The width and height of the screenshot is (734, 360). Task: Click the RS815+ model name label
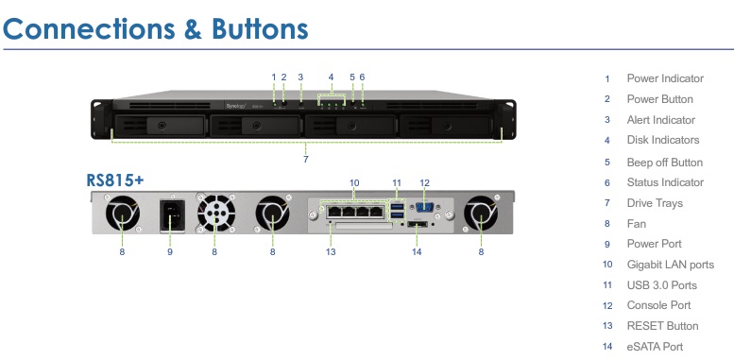pos(115,180)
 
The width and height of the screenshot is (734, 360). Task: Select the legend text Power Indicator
pos(665,78)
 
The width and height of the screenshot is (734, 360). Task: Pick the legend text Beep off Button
pos(664,162)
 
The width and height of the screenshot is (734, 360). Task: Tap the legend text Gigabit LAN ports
pos(670,264)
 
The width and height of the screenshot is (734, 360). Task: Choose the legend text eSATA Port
pos(655,347)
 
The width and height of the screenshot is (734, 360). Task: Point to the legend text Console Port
pos(658,305)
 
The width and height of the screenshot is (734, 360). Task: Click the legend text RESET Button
pos(662,326)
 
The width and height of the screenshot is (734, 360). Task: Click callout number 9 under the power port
pos(170,252)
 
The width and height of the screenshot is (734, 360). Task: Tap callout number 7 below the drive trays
pos(305,159)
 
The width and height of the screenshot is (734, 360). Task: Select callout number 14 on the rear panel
pos(417,252)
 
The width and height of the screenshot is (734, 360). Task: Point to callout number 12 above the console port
pos(424,181)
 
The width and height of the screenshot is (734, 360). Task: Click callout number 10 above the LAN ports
pos(354,181)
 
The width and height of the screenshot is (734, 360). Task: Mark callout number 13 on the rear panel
pos(331,252)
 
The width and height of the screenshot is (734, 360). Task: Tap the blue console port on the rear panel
pos(424,207)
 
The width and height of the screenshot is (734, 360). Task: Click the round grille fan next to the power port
pos(214,215)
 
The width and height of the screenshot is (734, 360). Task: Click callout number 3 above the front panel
pos(300,77)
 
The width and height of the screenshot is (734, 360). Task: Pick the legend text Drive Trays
pos(655,203)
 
